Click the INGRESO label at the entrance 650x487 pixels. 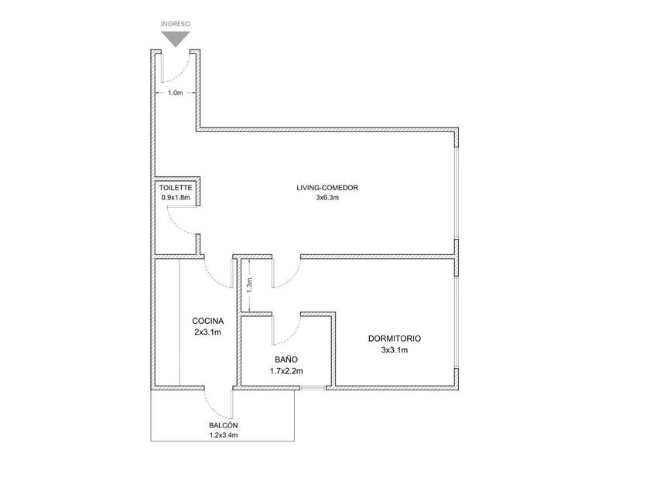(x=176, y=24)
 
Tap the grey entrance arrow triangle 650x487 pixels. (x=176, y=39)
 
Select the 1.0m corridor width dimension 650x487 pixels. (x=176, y=93)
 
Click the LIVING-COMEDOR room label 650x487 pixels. (x=327, y=188)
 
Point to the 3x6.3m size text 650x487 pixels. (x=327, y=198)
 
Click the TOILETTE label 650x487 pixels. (x=176, y=188)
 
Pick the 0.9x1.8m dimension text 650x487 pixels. (x=176, y=198)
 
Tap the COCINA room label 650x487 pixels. (x=207, y=321)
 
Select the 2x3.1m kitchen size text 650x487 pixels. (x=207, y=332)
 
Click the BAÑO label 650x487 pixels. (x=286, y=359)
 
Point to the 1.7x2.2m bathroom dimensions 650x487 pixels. (x=286, y=371)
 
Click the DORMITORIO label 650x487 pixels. (x=394, y=339)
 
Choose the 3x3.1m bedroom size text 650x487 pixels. (x=394, y=350)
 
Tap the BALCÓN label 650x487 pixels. (x=224, y=425)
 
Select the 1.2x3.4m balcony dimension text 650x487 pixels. (x=224, y=435)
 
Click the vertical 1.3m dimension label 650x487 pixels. (x=249, y=285)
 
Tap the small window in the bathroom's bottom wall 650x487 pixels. (x=313, y=388)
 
